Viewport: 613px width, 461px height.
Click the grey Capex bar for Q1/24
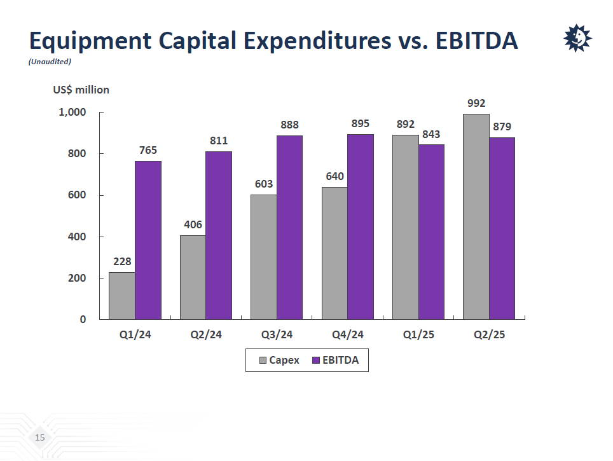tap(122, 296)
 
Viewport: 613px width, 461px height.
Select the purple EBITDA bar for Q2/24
tap(219, 235)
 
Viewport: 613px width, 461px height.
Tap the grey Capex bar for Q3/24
tap(263, 257)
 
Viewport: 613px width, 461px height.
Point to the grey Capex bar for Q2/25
tap(476, 216)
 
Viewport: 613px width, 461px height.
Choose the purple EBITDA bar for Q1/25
tap(431, 231)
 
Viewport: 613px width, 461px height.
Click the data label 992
tap(476, 103)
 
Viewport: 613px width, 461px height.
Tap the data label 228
tap(122, 261)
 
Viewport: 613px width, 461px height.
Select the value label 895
tap(361, 123)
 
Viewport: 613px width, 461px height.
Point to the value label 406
tap(193, 224)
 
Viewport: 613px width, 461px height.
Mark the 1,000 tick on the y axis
tap(72, 113)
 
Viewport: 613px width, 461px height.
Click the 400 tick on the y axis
tap(77, 237)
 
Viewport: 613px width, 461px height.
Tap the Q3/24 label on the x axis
tap(277, 335)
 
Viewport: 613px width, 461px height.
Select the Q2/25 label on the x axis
tap(489, 335)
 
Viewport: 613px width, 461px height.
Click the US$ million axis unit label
tap(81, 90)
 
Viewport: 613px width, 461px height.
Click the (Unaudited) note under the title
tap(50, 62)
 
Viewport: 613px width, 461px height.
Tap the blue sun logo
tap(577, 39)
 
